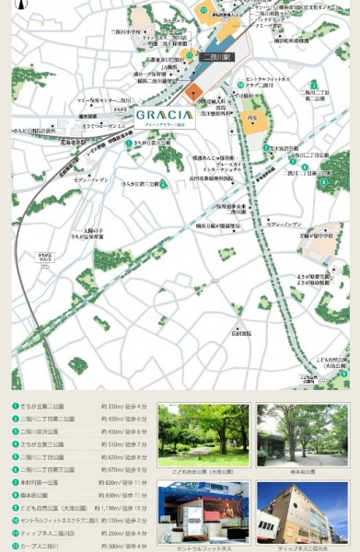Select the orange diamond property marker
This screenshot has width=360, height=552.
coord(192,92)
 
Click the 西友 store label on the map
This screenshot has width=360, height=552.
coord(251,118)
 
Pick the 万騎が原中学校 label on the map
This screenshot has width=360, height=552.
coord(314,236)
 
